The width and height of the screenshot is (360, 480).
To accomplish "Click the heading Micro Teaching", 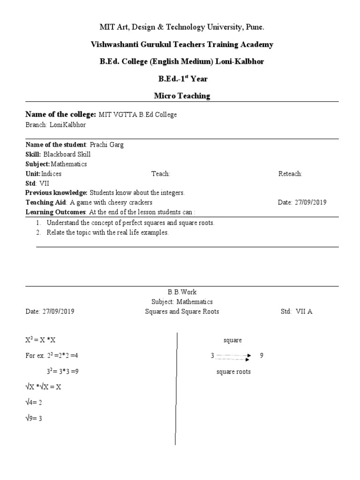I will click(x=182, y=96).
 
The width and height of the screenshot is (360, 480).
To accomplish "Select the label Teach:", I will click(x=160, y=173).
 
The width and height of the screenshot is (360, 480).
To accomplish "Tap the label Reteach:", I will click(x=290, y=173).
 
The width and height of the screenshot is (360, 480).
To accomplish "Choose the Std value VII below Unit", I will click(x=44, y=183).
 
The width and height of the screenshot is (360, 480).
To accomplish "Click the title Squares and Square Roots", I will click(x=182, y=312).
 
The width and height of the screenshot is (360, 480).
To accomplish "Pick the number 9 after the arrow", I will click(x=262, y=356).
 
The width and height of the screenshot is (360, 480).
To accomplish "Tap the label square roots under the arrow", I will click(x=233, y=372).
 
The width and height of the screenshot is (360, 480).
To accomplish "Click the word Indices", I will click(x=52, y=173).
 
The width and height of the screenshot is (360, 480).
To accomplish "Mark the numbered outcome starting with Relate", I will click(x=107, y=232).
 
